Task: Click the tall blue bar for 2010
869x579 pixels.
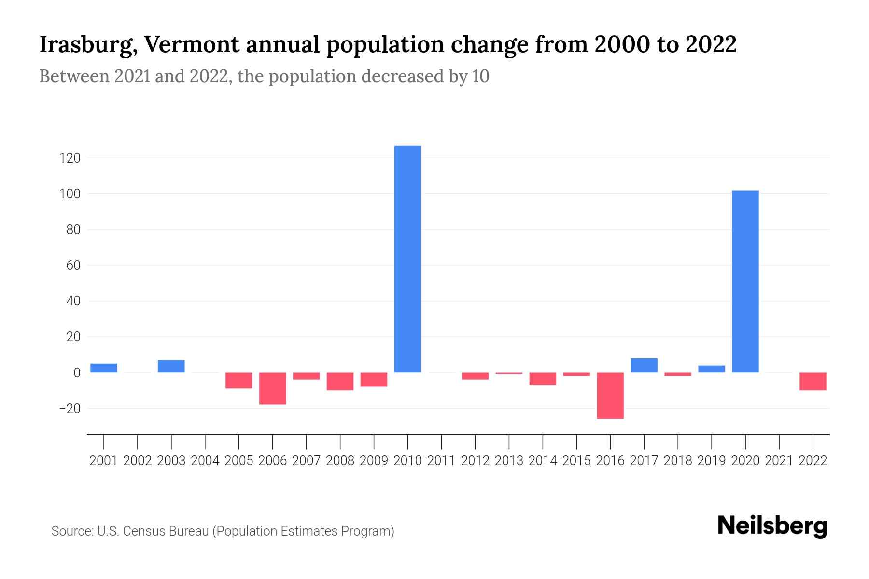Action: click(x=407, y=259)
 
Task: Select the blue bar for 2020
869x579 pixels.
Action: click(x=745, y=281)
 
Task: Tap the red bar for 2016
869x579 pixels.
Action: click(x=610, y=396)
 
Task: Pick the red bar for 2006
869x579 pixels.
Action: click(x=273, y=388)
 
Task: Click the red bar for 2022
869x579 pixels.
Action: click(x=813, y=381)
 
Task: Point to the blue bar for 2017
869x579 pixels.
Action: click(x=644, y=365)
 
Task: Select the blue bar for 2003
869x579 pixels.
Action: click(x=171, y=366)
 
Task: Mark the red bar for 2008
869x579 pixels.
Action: click(x=340, y=381)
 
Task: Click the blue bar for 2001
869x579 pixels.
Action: click(x=104, y=368)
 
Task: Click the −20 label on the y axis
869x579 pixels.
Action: click(x=70, y=409)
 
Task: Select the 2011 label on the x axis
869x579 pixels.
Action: click(x=441, y=461)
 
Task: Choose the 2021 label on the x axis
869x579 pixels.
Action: click(x=779, y=461)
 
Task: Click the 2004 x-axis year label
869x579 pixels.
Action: click(x=205, y=461)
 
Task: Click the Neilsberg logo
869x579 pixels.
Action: click(x=772, y=526)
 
